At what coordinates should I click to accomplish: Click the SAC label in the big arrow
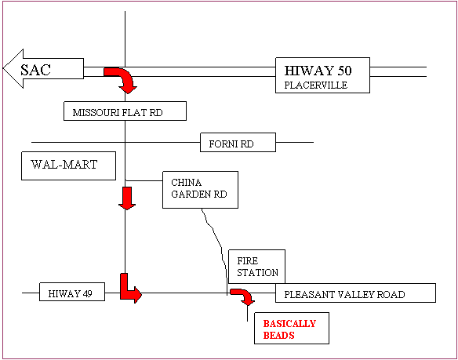[35, 70]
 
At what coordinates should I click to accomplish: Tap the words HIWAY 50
[318, 71]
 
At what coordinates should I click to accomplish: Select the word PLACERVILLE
[316, 85]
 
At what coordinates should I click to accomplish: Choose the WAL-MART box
[68, 165]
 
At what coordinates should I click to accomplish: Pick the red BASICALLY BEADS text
[289, 329]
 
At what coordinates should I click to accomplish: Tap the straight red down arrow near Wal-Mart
[127, 198]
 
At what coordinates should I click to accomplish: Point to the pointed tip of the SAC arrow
[3, 68]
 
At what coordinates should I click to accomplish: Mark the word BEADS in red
[278, 335]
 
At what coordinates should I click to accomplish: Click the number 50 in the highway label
[344, 71]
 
